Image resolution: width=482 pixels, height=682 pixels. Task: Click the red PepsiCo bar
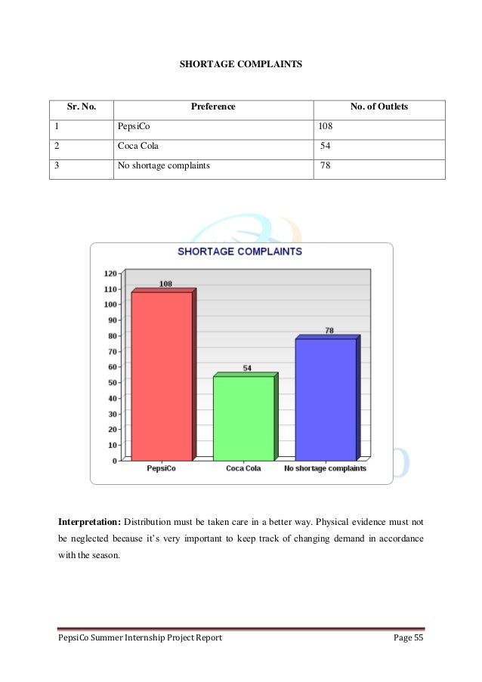pos(162,375)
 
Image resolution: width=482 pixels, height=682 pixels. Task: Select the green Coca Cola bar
pos(243,418)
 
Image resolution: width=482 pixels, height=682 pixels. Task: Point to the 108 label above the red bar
pos(165,284)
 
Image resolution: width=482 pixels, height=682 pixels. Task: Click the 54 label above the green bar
pos(247,368)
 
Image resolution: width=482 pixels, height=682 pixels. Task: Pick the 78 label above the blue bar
pos(329,330)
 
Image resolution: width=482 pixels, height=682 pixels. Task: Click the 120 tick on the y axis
pos(110,273)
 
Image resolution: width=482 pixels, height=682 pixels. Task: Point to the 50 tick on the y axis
pos(112,382)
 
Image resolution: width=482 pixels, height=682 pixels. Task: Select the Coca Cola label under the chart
pos(243,469)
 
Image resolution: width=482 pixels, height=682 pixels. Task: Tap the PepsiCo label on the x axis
pos(161,469)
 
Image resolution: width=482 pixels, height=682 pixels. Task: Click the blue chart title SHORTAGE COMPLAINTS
pos(239,252)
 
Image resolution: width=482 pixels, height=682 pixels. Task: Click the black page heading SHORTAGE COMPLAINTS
pos(240,65)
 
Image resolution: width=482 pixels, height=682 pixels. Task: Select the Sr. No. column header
pos(82,107)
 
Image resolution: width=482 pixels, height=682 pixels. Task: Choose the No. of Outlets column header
pos(378,107)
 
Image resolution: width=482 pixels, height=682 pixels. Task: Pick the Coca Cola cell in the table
pos(138,146)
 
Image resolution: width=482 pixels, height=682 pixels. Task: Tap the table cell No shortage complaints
pos(164,165)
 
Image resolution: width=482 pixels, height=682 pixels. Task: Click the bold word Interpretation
pos(89,522)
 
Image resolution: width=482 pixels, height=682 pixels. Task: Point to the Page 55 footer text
pos(409,639)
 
